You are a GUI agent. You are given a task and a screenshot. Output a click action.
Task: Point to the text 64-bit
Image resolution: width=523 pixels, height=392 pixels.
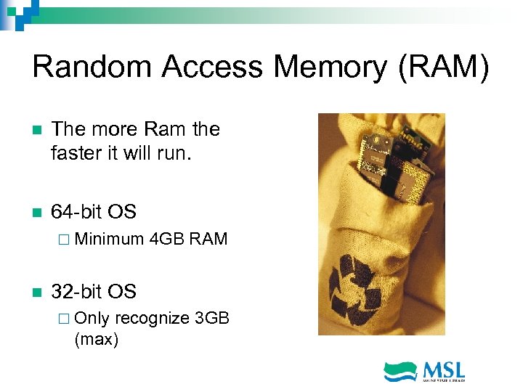(x=76, y=212)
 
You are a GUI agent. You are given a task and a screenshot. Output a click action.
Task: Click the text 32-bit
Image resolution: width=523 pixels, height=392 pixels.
(x=76, y=292)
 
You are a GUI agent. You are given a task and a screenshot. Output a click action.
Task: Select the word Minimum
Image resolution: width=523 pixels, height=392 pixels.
(x=108, y=239)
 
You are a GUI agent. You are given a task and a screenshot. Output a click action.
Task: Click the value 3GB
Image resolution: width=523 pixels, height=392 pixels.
(x=213, y=318)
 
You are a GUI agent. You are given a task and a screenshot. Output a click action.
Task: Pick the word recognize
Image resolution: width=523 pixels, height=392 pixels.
(x=153, y=318)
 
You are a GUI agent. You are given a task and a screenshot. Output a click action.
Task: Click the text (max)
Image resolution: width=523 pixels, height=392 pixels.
(x=96, y=338)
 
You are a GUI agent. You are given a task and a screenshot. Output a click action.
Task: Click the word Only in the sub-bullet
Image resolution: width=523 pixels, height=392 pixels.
(x=92, y=318)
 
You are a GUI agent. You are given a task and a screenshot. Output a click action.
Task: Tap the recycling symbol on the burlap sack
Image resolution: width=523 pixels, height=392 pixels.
(x=357, y=291)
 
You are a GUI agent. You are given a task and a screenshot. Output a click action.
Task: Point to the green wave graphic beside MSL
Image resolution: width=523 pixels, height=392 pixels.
(x=400, y=370)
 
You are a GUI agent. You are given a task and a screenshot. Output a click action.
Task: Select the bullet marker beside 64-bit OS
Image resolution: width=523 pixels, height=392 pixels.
(x=37, y=213)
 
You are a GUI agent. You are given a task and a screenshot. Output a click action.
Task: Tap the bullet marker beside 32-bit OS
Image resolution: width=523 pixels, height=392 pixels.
(x=37, y=293)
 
